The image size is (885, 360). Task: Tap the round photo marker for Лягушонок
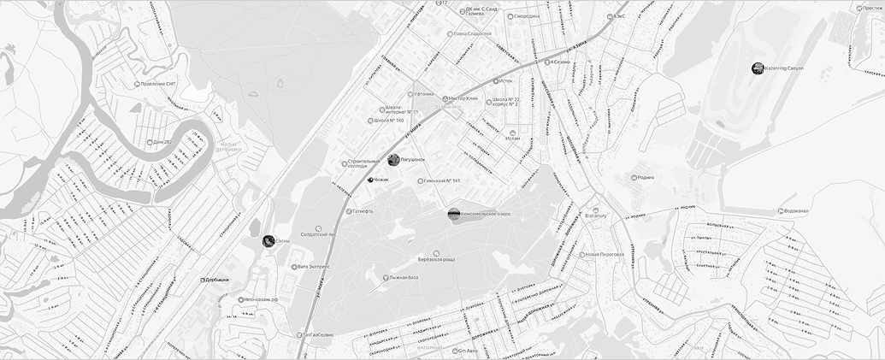pos(393,160)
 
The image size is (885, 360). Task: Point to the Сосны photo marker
pos(268,241)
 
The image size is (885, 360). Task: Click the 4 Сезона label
pos(563,62)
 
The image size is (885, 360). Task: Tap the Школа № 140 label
pos(388,121)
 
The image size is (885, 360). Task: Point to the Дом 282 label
pos(162,142)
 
